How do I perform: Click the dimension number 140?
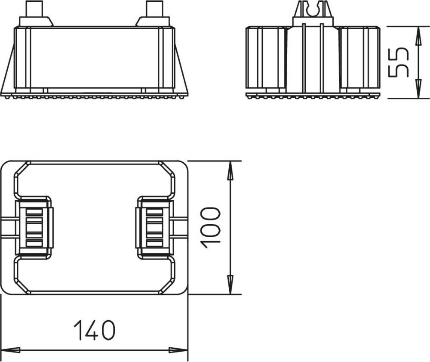tap(94, 330)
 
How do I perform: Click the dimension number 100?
tap(210, 228)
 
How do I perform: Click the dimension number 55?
tap(399, 62)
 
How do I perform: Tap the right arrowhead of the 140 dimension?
tap(178, 350)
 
